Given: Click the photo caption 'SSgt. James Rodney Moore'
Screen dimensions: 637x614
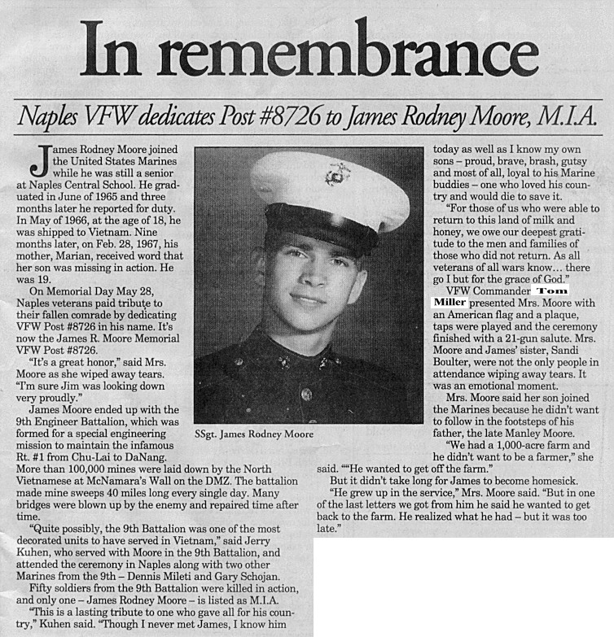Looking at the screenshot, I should click(254, 434).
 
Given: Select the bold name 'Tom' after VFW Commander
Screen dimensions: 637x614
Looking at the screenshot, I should click(552, 290).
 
